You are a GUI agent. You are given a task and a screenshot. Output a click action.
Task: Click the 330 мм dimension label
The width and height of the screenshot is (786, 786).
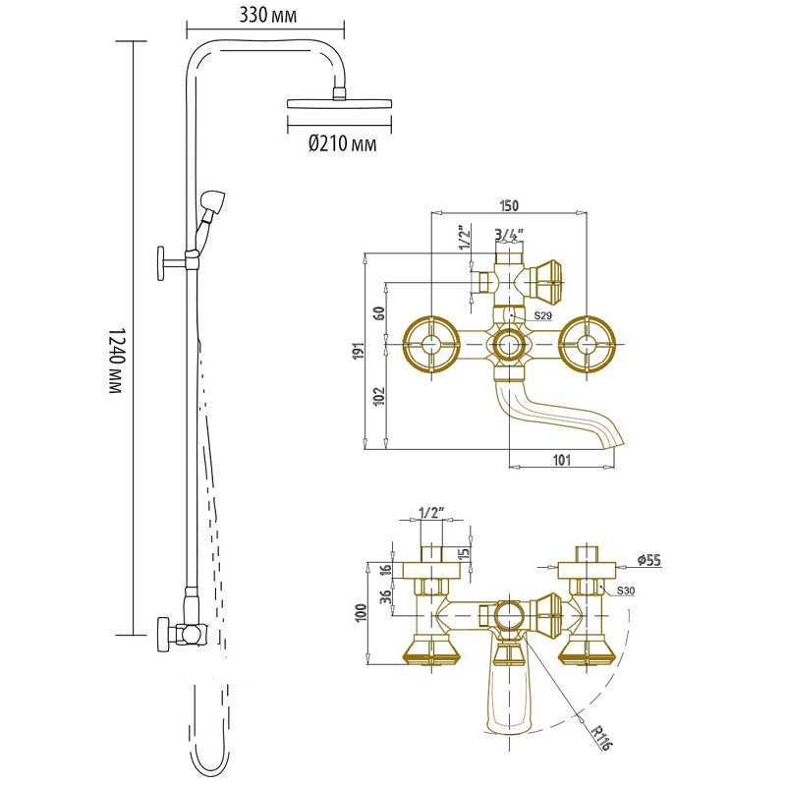pos(267,15)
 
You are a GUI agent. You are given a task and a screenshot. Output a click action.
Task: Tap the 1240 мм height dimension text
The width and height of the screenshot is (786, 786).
pos(116,361)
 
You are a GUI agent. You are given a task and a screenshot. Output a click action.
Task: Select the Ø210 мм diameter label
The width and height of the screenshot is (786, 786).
pos(342,143)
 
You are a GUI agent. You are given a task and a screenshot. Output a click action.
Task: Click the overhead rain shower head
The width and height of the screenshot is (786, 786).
pos(339,102)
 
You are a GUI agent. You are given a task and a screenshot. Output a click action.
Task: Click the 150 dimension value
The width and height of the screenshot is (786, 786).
pos(509,205)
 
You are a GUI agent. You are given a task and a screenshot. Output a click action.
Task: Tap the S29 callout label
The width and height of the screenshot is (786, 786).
pos(542,315)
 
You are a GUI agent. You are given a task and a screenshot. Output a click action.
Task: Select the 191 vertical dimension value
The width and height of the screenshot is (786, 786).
pos(359,351)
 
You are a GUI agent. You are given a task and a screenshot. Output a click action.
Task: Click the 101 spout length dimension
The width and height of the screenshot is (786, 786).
pos(561,459)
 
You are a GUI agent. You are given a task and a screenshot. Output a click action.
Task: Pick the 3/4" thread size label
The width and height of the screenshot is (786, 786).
pos(509,233)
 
